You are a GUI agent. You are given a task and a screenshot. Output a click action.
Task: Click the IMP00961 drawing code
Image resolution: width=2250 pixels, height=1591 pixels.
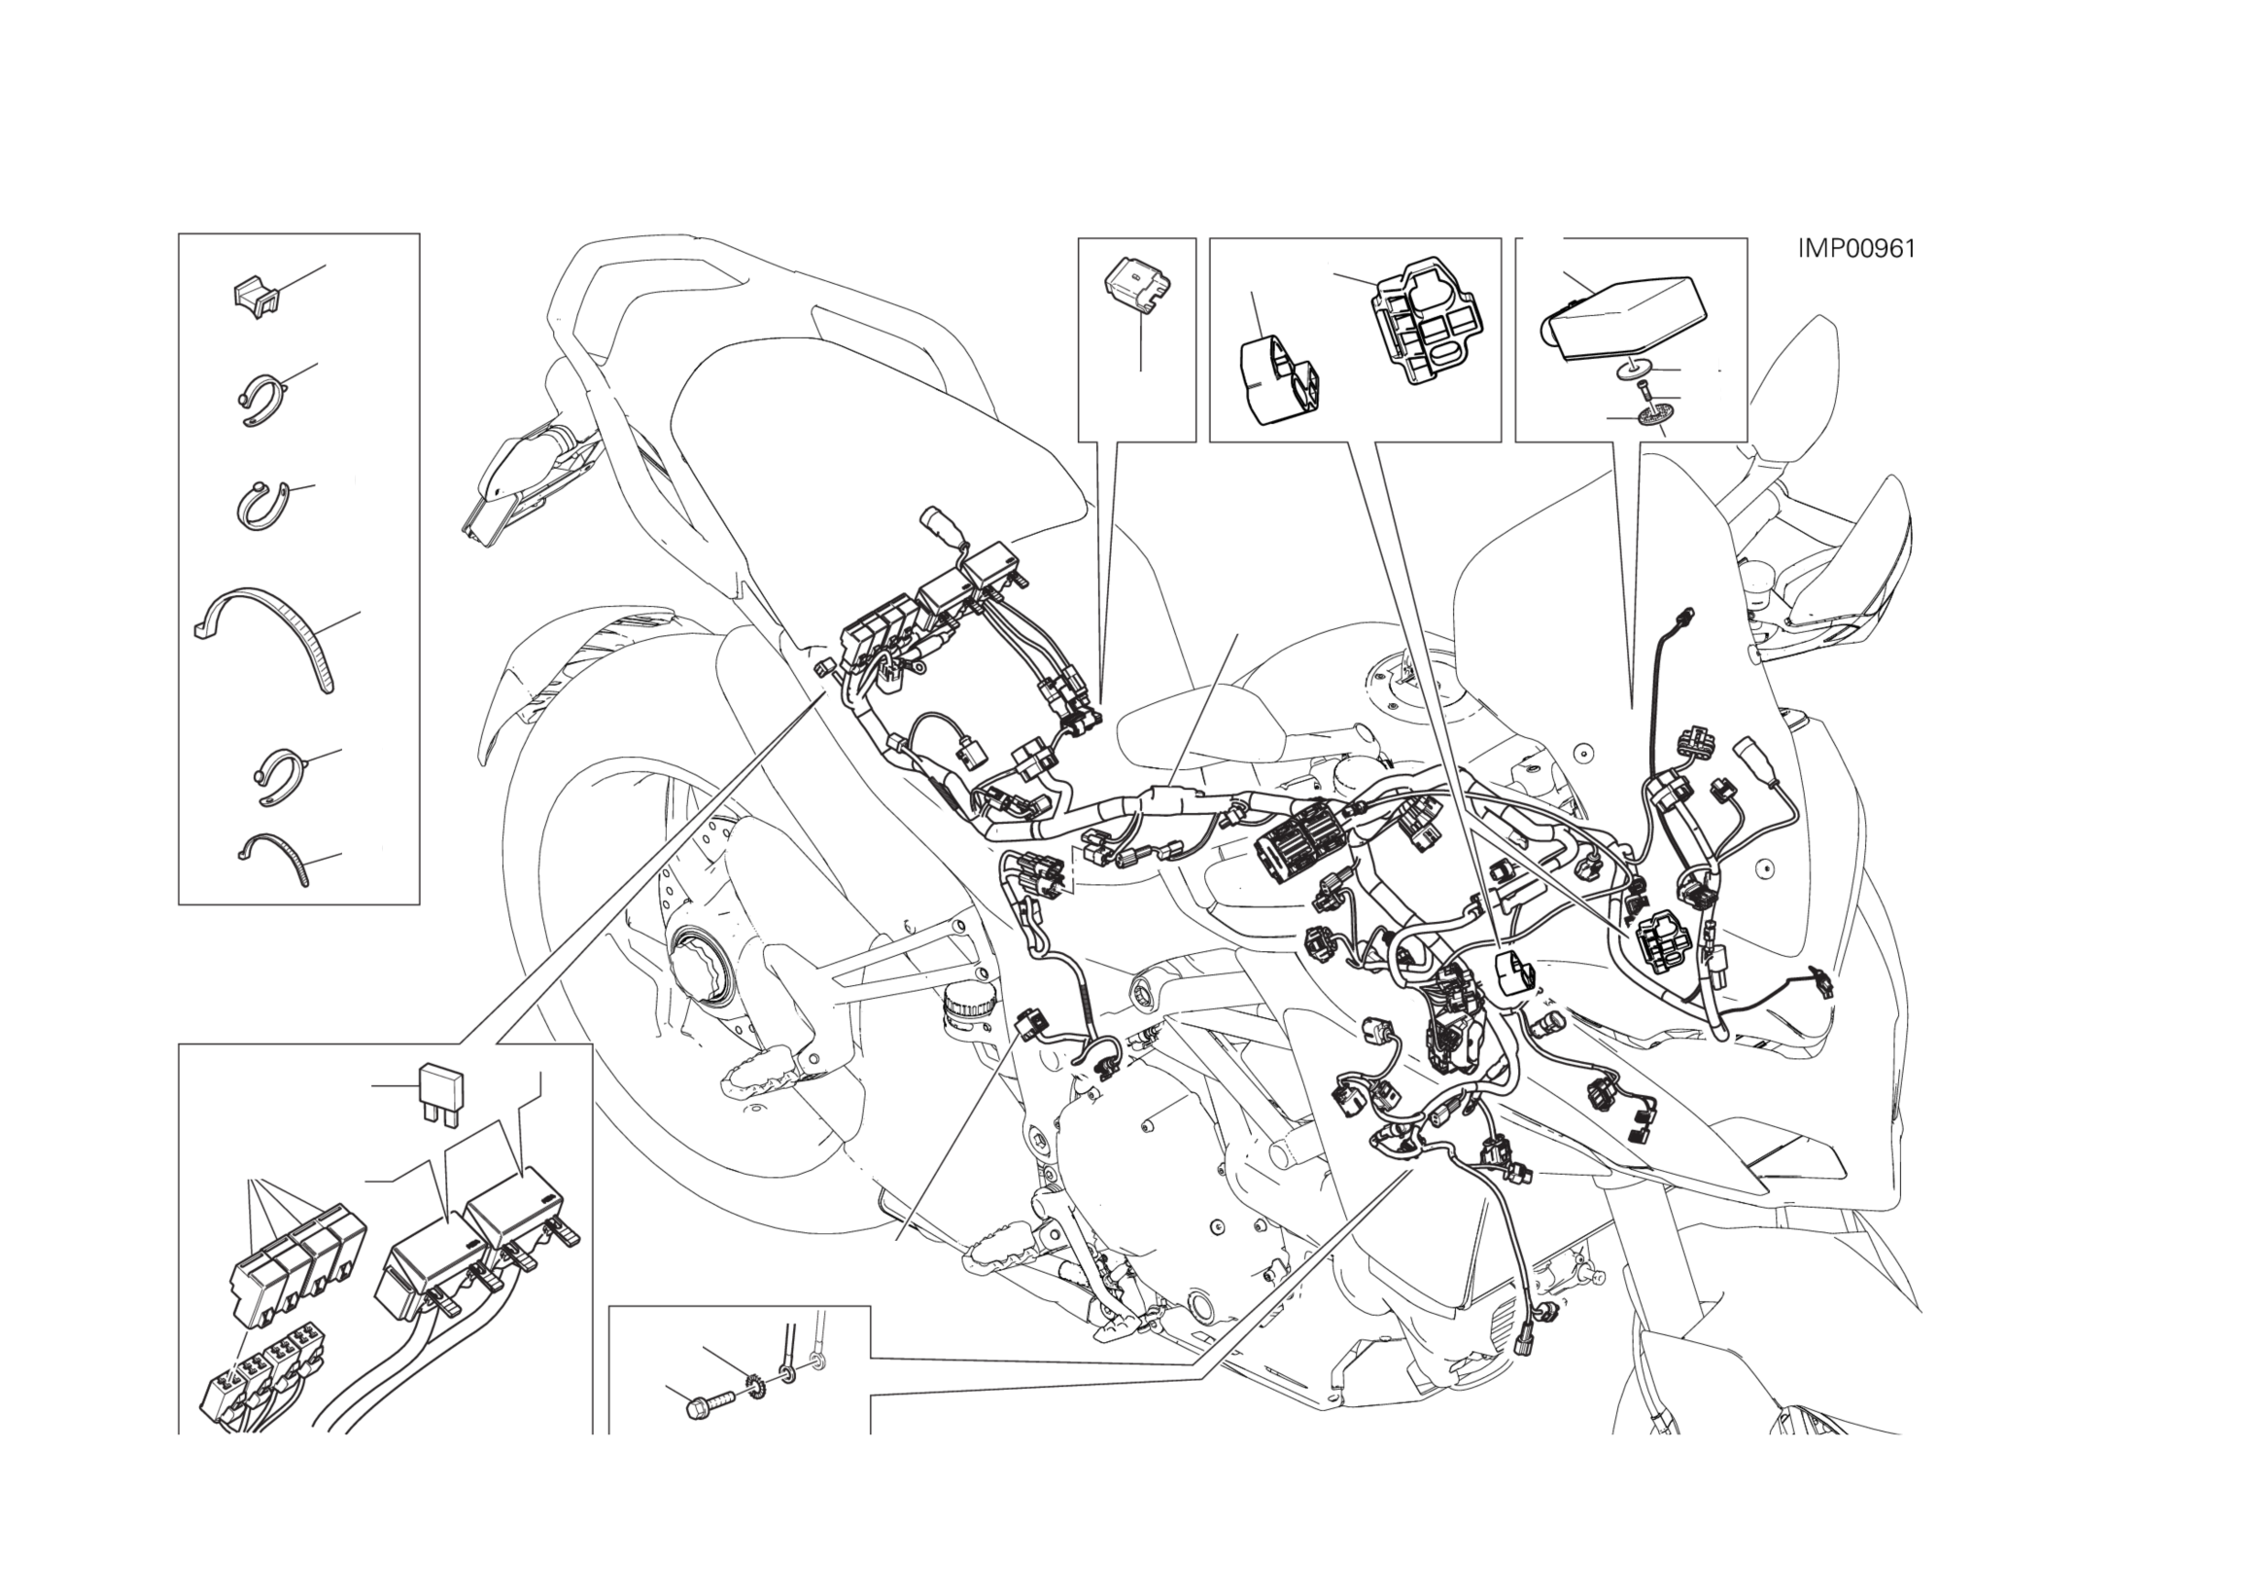(1856, 249)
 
